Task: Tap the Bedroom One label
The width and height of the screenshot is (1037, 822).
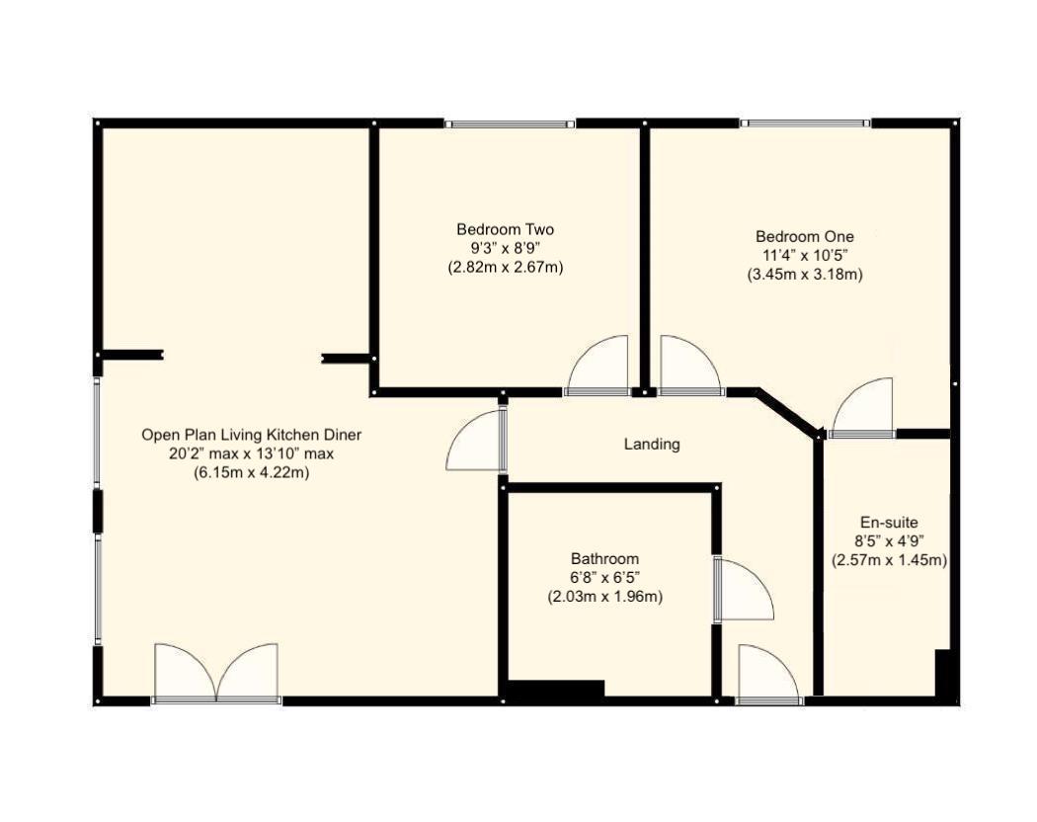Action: (804, 236)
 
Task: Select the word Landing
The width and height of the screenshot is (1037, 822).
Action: (652, 445)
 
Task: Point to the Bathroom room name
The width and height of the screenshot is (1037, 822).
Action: (604, 558)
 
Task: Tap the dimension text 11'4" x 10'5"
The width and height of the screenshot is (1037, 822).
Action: (804, 256)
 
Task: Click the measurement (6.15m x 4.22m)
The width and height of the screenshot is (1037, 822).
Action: (251, 472)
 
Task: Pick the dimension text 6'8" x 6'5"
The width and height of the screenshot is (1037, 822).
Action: (604, 578)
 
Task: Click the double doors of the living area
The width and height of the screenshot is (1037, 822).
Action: (216, 674)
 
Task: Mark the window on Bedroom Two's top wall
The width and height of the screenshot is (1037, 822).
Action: (510, 124)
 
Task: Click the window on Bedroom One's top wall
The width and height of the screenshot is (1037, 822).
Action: (805, 124)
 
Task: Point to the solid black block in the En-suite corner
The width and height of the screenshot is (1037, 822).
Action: (942, 676)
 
